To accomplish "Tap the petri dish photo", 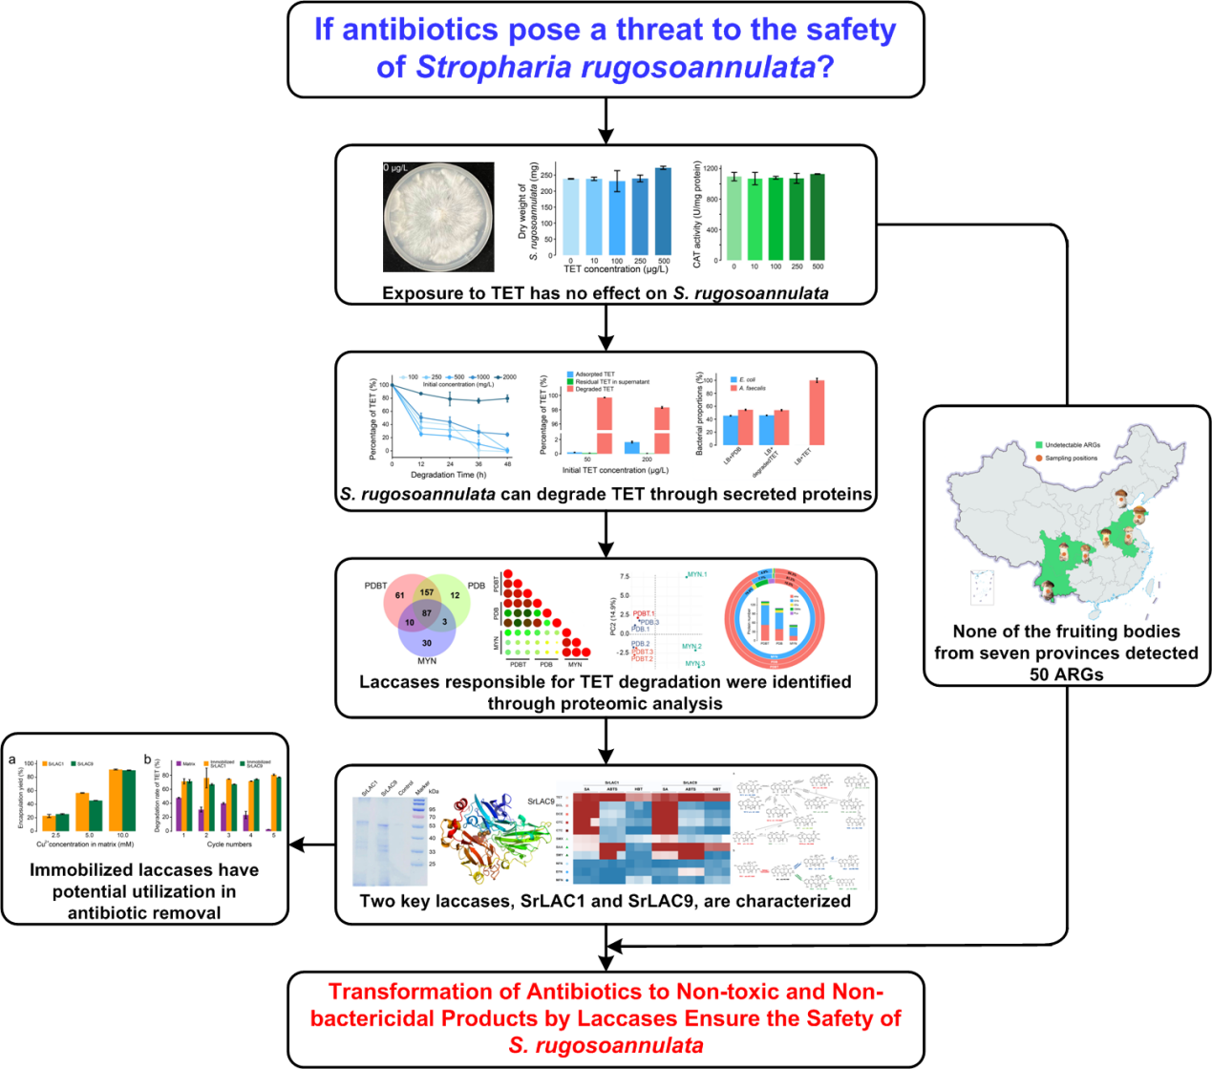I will pyautogui.click(x=438, y=217).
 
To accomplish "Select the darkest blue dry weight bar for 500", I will pyautogui.click(x=663, y=211).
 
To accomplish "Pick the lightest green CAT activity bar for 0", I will pyautogui.click(x=734, y=218).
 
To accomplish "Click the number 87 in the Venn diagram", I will pyautogui.click(x=426, y=613).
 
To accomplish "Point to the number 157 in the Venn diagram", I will pyautogui.click(x=426, y=592).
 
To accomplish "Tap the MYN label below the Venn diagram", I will pyautogui.click(x=426, y=660).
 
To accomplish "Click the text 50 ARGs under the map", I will pyautogui.click(x=1066, y=674).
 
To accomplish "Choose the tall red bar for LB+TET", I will pyautogui.click(x=817, y=413).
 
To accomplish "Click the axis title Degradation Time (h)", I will pyautogui.click(x=449, y=475).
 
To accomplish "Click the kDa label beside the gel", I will pyautogui.click(x=434, y=792).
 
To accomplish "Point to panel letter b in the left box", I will pyautogui.click(x=148, y=760).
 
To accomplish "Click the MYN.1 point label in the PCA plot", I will pyautogui.click(x=696, y=575).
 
